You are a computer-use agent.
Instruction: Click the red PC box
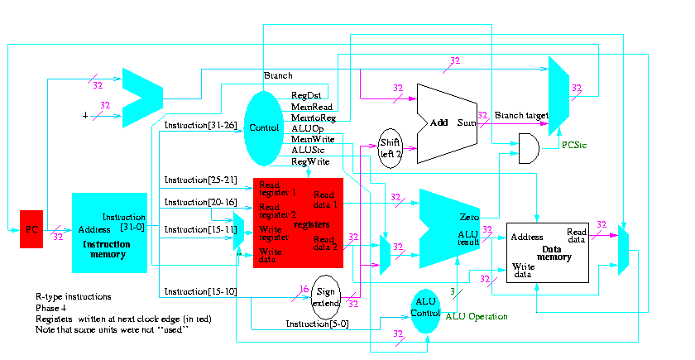point(31,228)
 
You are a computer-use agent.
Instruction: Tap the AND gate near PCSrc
point(528,147)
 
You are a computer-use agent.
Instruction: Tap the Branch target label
point(518,115)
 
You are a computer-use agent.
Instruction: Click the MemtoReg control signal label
point(312,118)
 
